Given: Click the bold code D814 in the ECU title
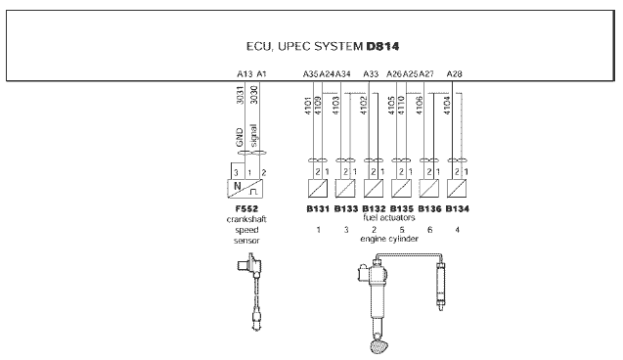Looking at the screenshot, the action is [382, 47].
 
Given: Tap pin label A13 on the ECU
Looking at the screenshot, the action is [245, 74].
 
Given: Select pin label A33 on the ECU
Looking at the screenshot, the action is [371, 74].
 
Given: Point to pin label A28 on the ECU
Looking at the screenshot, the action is [454, 74].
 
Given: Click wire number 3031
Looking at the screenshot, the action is [240, 95].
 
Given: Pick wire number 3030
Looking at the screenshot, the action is [254, 95].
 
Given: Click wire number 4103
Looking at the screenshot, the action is [335, 106].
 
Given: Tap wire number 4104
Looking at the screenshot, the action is [447, 106].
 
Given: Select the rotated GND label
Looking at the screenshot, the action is [240, 137].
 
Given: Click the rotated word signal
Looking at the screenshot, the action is [253, 135].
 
